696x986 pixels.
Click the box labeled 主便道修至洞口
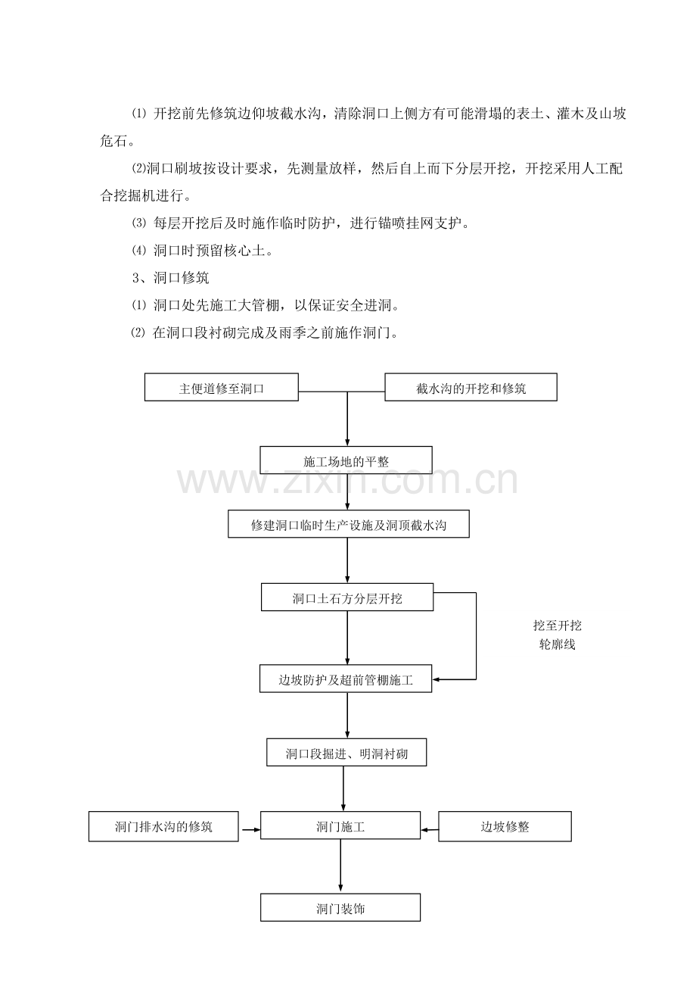[221, 387]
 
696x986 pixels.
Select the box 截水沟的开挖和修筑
[471, 387]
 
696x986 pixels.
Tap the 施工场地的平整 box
[346, 460]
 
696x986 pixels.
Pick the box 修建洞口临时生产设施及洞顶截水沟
[349, 524]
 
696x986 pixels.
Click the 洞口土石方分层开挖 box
[347, 597]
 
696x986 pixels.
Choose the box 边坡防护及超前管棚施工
[346, 679]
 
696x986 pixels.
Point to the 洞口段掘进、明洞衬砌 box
[346, 752]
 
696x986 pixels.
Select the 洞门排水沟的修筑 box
[163, 827]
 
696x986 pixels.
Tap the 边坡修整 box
[505, 827]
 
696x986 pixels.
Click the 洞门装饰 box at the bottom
[340, 907]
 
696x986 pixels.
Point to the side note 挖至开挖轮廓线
[557, 635]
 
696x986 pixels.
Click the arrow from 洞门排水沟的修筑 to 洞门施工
[251, 830]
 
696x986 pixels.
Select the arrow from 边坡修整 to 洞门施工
[430, 830]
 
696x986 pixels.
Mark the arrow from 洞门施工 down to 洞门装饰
[340, 866]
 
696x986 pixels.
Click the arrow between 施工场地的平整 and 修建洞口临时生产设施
[347, 492]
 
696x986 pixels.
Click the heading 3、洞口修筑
[170, 278]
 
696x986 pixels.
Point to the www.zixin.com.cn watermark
[348, 479]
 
